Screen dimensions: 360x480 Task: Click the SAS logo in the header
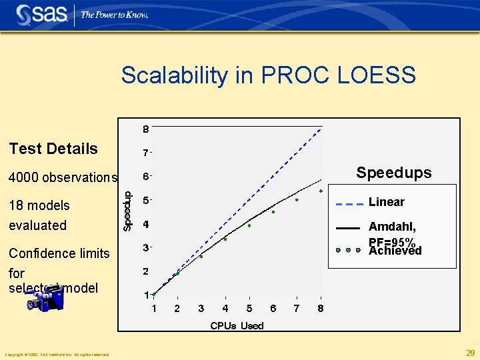click(x=41, y=14)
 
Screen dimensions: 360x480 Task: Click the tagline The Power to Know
click(x=115, y=15)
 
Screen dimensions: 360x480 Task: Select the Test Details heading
click(x=53, y=149)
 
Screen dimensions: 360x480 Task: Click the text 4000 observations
click(x=63, y=177)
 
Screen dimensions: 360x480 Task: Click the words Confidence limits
click(x=59, y=253)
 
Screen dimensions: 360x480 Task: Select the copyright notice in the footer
click(x=57, y=354)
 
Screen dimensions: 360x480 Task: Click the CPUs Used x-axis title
click(x=237, y=325)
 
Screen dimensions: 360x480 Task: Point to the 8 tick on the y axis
click(x=145, y=129)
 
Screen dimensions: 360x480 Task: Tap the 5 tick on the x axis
click(x=249, y=308)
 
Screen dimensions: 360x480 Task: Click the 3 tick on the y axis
click(x=145, y=248)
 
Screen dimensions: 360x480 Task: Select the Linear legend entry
click(x=387, y=202)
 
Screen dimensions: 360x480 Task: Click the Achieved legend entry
click(x=395, y=251)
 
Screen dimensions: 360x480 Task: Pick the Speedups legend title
click(x=393, y=173)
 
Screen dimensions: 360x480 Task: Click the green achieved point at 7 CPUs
click(x=297, y=200)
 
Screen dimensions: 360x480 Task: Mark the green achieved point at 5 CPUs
click(x=249, y=226)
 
